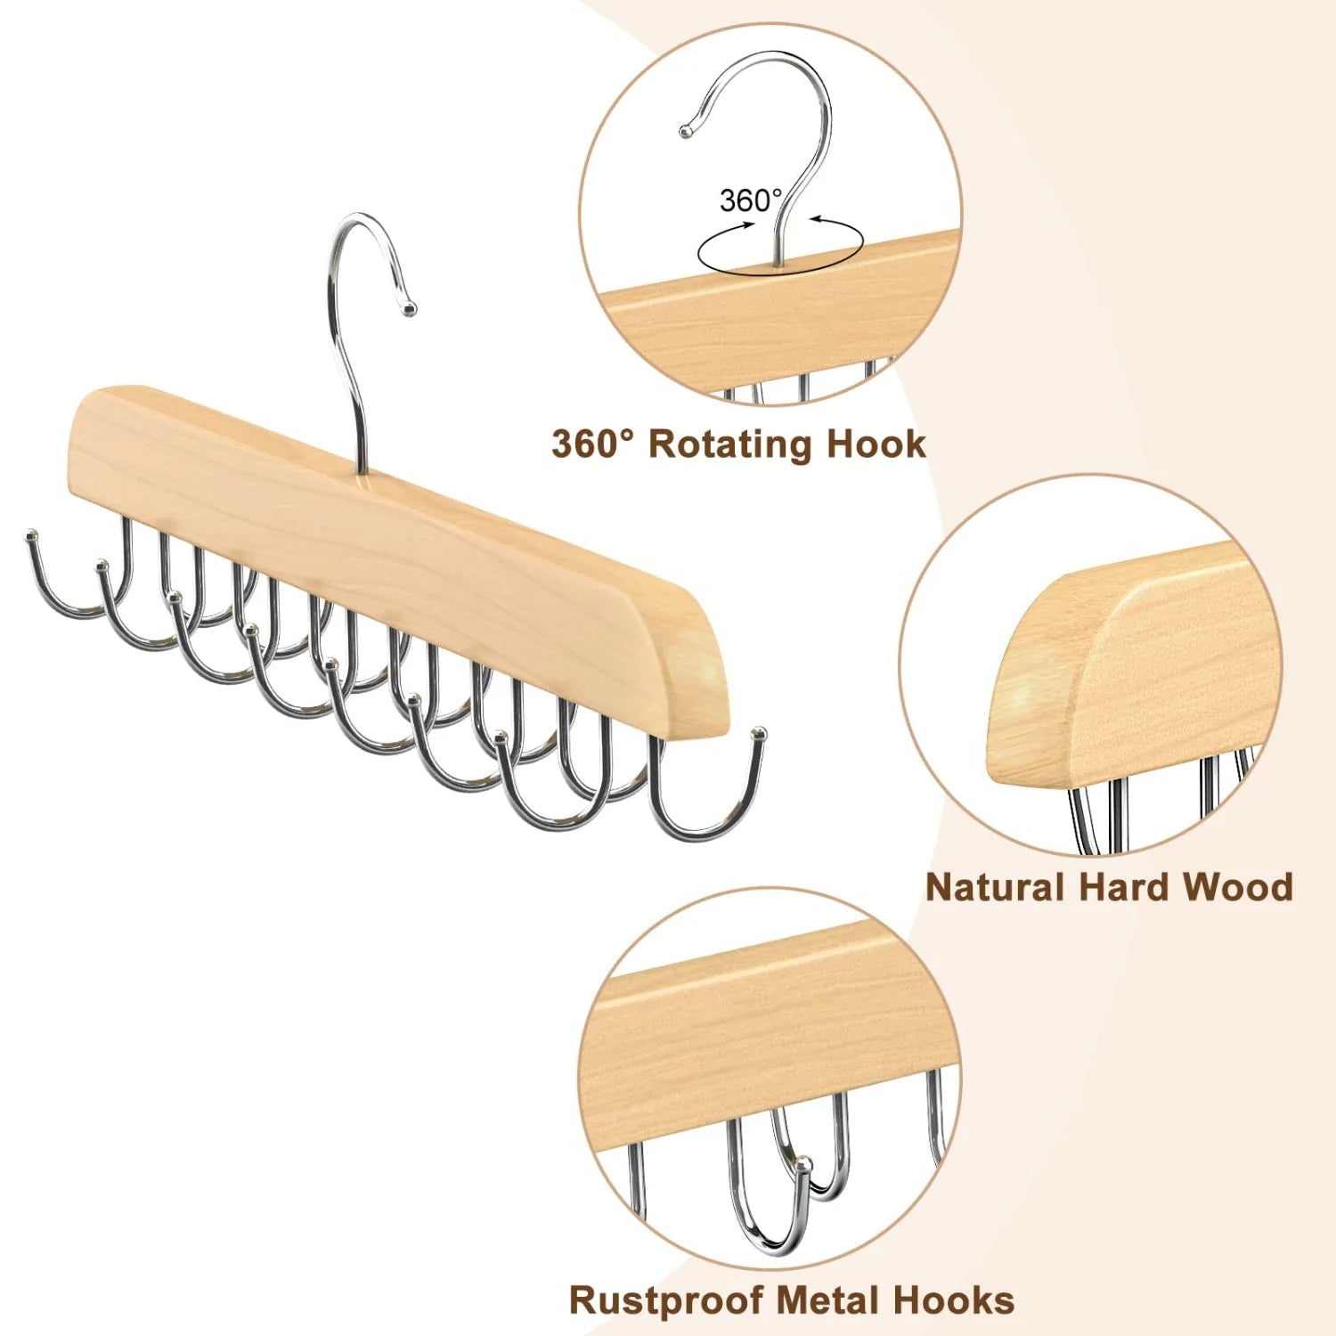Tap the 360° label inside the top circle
point(750,200)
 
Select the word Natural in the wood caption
point(995,888)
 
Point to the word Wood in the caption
point(1237,888)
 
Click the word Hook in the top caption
point(876,444)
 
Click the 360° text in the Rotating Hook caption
point(593,444)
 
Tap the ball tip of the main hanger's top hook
point(409,308)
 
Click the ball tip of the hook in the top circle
point(685,132)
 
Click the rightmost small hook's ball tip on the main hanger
point(760,734)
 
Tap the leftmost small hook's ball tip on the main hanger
point(32,537)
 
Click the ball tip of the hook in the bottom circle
point(803,1163)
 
